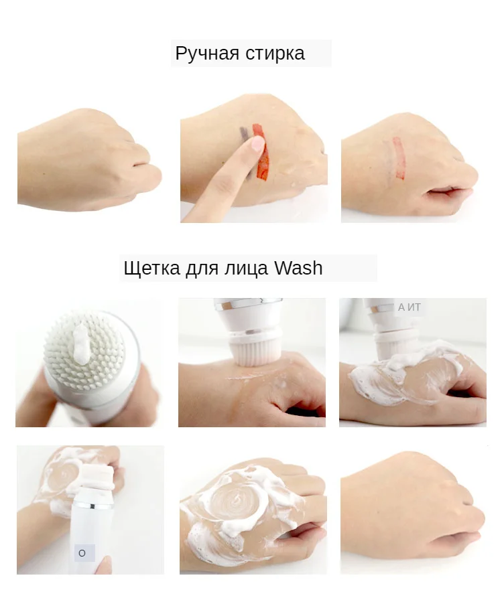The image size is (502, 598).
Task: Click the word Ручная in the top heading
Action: click(206, 54)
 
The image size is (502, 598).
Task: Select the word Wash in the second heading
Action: click(298, 269)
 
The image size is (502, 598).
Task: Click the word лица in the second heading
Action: click(249, 269)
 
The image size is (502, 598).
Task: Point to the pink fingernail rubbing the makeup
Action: click(257, 143)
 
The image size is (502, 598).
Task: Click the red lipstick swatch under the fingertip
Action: click(262, 161)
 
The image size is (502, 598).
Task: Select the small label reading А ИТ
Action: click(410, 307)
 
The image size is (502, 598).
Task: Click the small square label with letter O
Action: click(82, 553)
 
